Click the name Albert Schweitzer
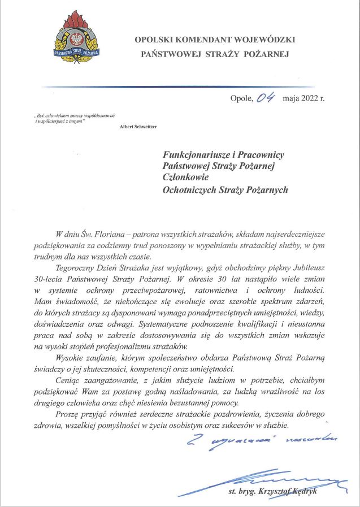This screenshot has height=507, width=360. click(139, 127)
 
